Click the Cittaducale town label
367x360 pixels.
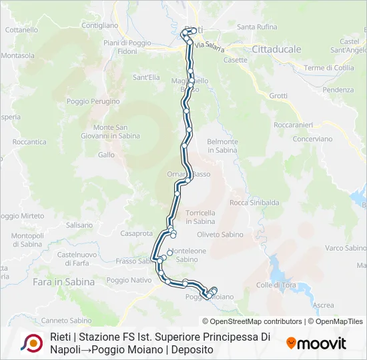(x=276, y=49)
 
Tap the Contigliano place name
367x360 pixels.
(x=100, y=25)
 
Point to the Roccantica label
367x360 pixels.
(x=29, y=142)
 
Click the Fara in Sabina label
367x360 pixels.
(x=63, y=282)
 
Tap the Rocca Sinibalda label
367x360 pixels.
(x=254, y=203)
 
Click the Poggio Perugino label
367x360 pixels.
(x=93, y=101)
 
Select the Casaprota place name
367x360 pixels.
(x=137, y=233)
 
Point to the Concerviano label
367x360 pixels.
(x=312, y=139)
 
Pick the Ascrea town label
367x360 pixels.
(x=323, y=305)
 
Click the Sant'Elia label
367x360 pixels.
(x=146, y=77)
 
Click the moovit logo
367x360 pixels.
(x=316, y=343)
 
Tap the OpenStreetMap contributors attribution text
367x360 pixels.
(x=257, y=321)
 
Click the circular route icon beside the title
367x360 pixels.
(x=32, y=343)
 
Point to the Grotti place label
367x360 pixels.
(x=278, y=96)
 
